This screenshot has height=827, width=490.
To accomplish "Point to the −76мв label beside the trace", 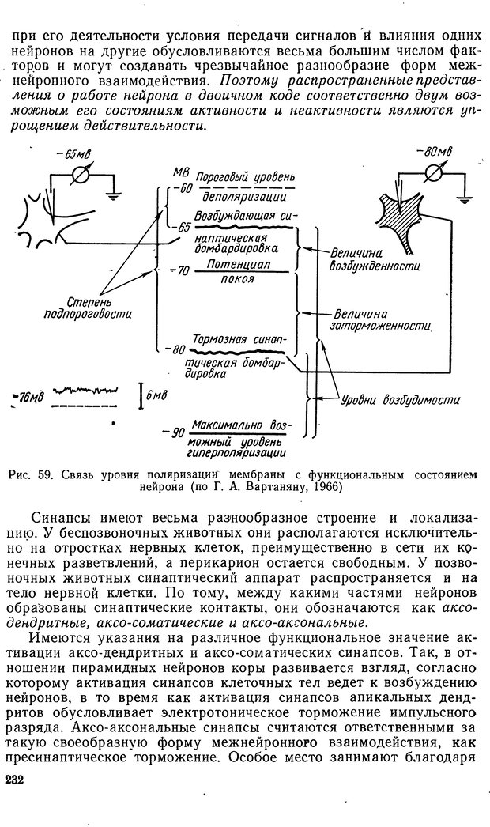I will (x=29, y=395).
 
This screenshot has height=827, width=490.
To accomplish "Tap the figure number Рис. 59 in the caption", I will (x=30, y=475).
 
